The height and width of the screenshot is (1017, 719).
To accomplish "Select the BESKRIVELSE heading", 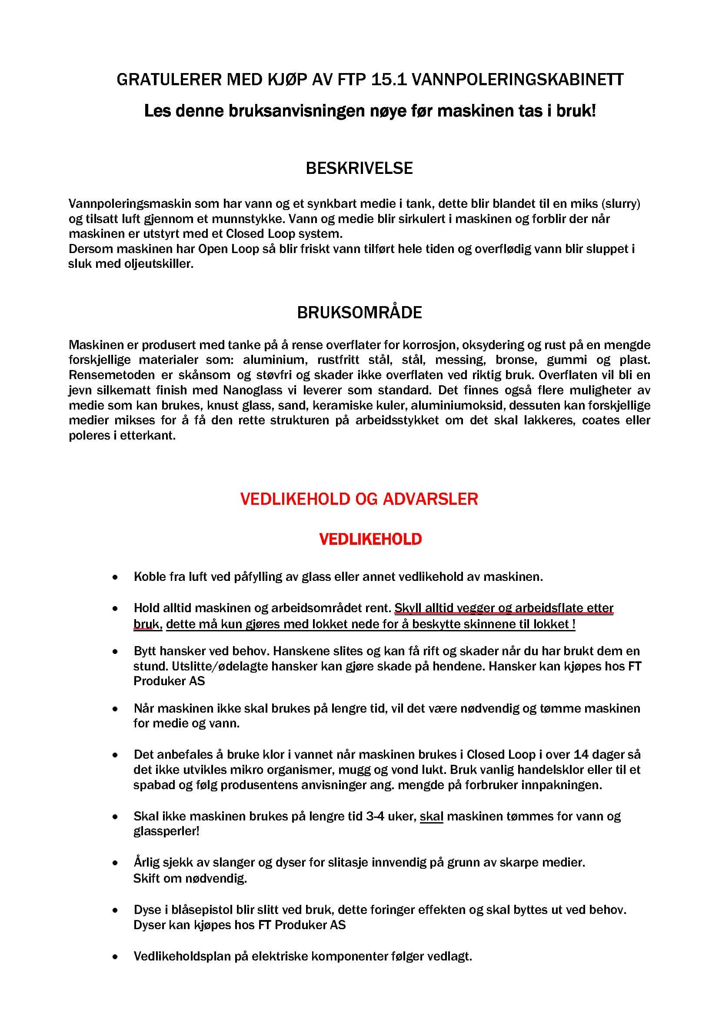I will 359,168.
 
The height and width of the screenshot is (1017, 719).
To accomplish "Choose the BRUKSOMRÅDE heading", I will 359,313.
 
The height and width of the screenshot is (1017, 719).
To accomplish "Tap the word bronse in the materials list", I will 514,360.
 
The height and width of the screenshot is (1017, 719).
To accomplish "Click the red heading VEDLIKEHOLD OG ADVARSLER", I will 359,499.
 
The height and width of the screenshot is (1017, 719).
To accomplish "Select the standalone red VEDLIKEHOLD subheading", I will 370,539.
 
